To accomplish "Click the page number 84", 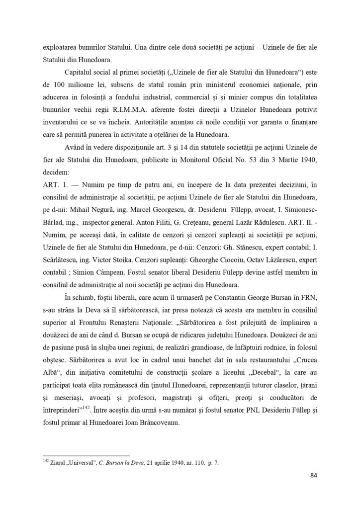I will [x=313, y=475].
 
